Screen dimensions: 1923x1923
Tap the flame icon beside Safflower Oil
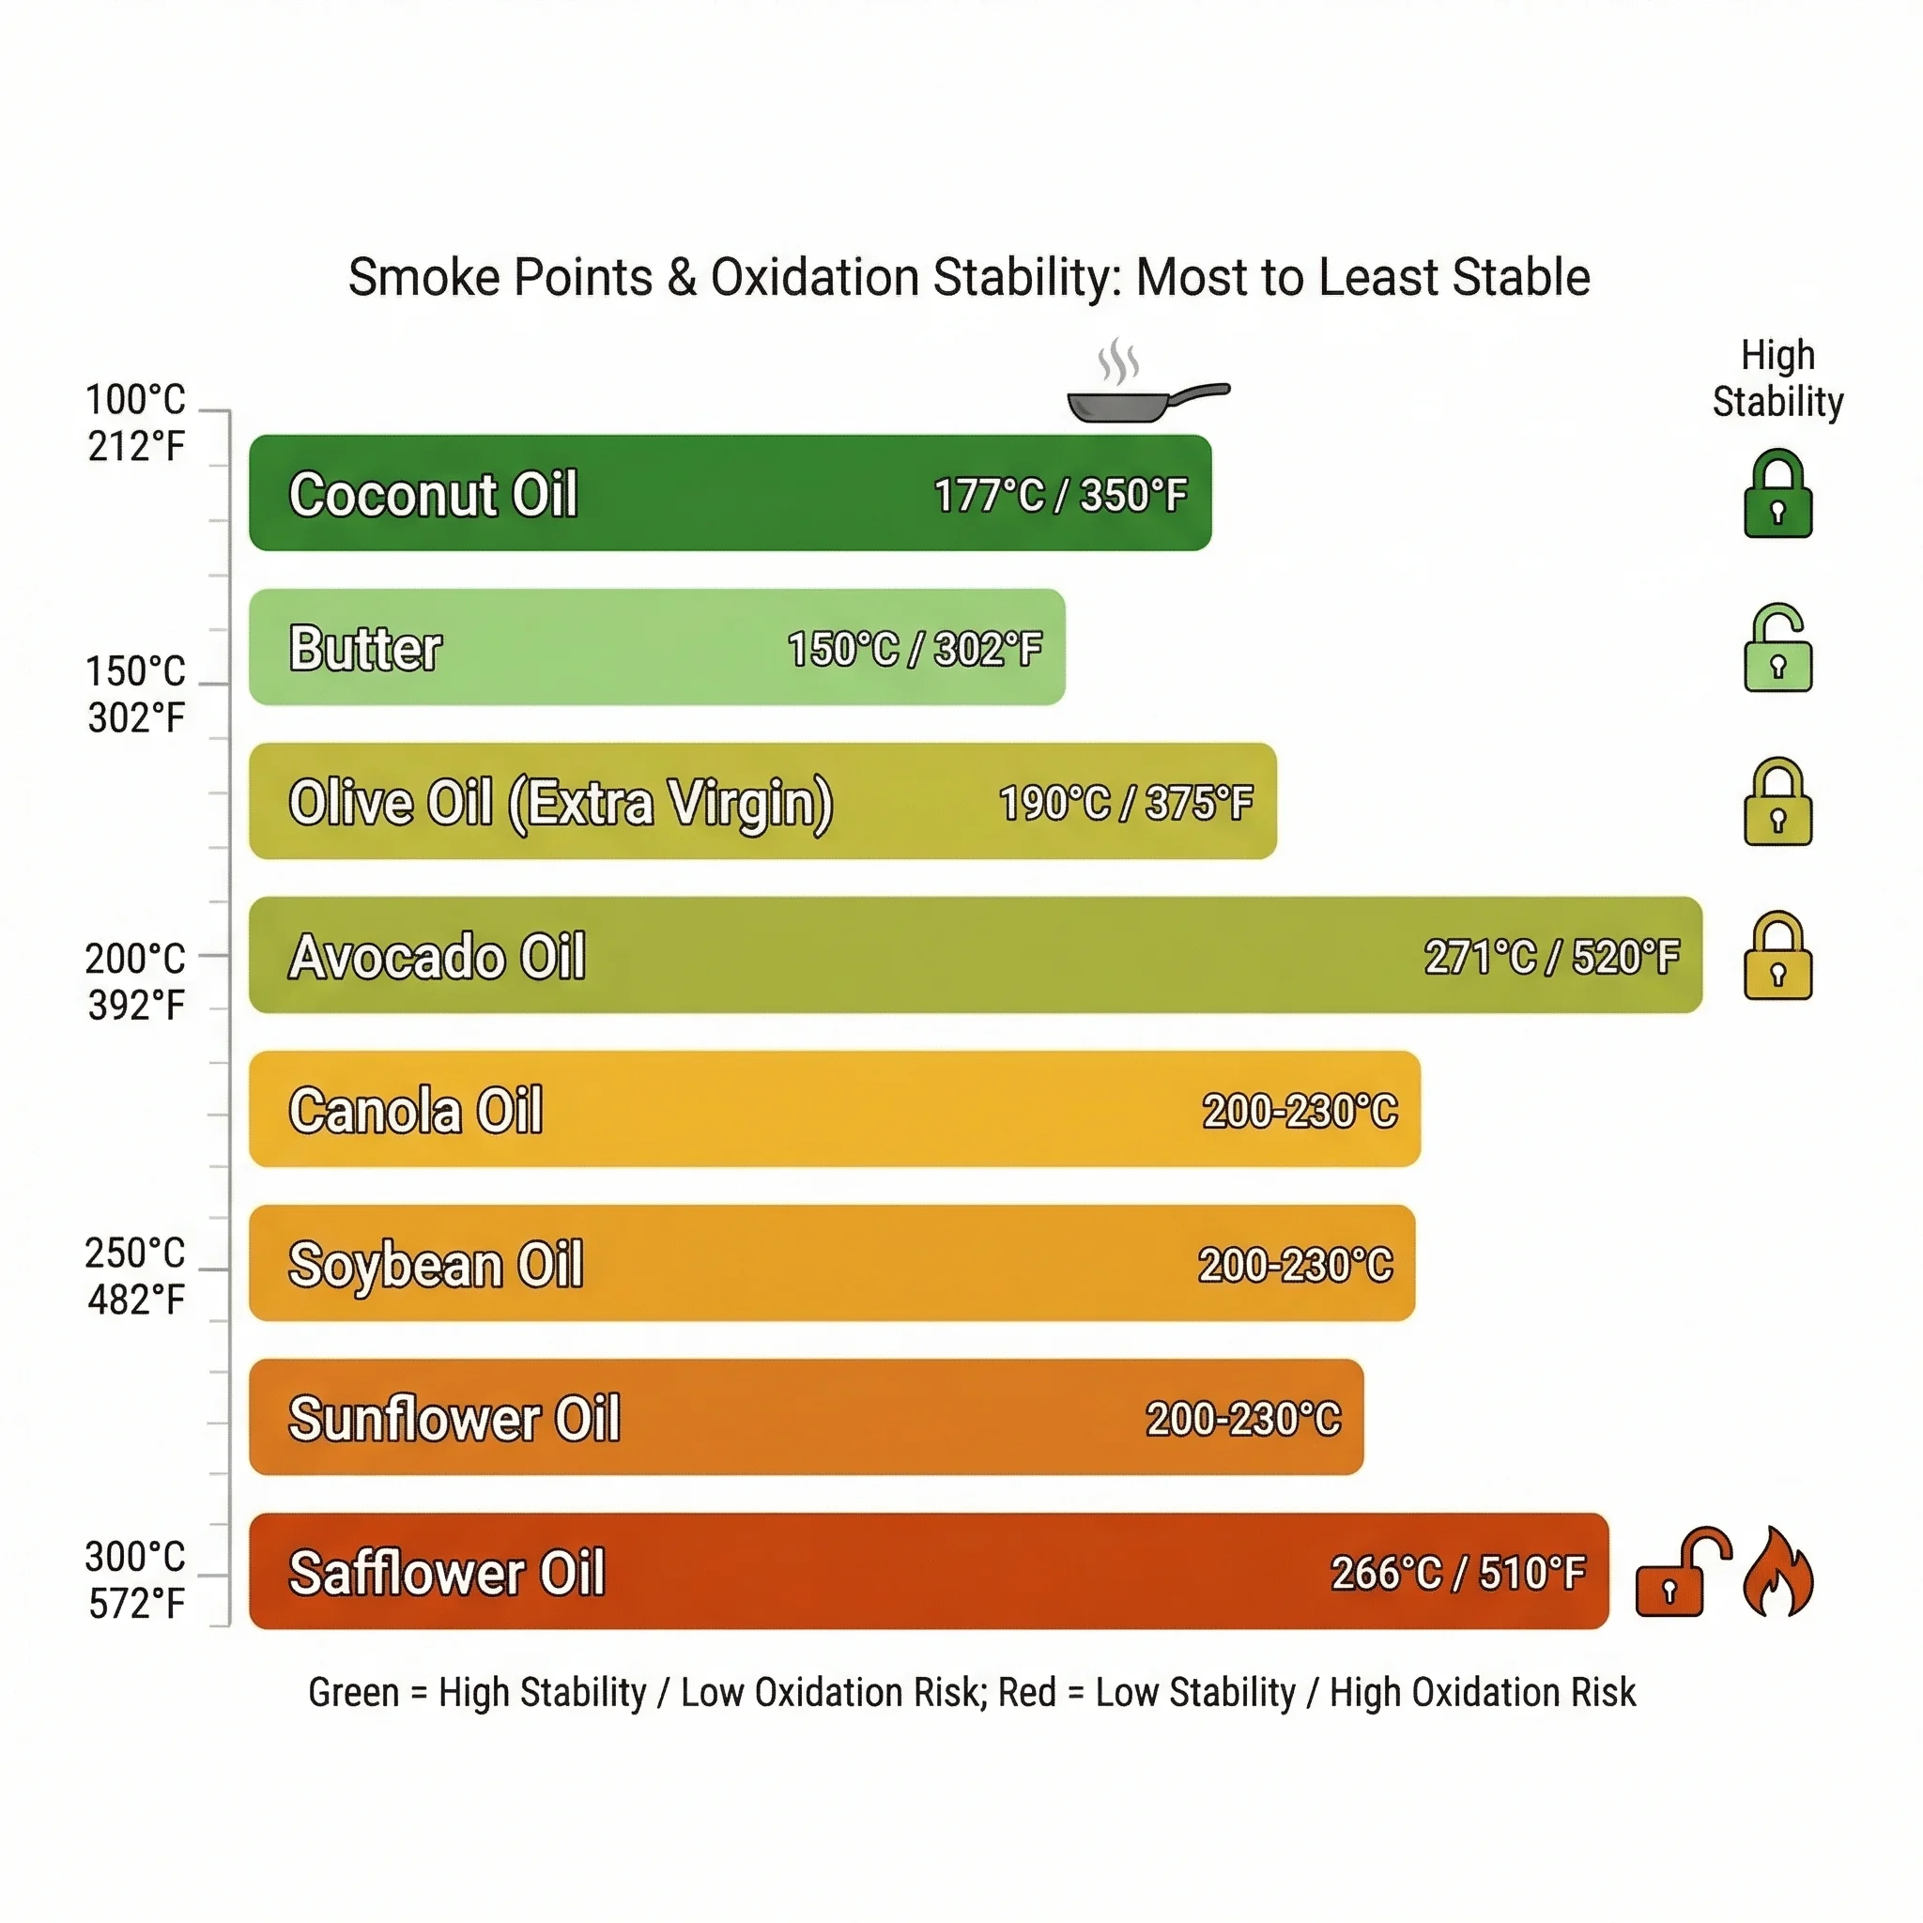point(1777,1572)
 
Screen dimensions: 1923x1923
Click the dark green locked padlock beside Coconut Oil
point(1777,495)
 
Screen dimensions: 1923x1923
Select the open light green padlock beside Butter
point(1777,648)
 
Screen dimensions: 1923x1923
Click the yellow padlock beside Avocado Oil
point(1777,957)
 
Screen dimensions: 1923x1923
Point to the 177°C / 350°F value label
point(1060,495)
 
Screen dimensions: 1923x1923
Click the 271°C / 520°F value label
point(1551,957)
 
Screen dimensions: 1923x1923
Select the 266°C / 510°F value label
point(1457,1573)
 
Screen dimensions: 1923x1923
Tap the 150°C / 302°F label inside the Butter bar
point(914,649)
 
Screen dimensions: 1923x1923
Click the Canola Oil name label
point(415,1111)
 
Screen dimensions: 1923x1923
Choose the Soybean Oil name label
point(435,1264)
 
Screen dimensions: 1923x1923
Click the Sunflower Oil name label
point(454,1419)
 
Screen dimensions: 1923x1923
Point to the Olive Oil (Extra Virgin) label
point(561,803)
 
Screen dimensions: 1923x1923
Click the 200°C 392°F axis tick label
point(135,981)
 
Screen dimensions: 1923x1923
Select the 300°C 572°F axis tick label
point(135,1579)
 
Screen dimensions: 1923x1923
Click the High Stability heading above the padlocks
point(1777,379)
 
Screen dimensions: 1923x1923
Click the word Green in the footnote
point(352,1692)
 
